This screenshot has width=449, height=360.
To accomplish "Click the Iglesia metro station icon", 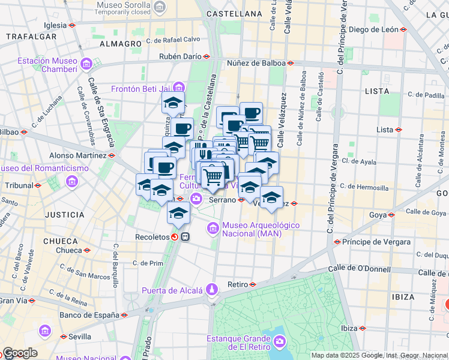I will coord(72,25).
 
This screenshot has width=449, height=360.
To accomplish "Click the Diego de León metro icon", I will coord(404,29).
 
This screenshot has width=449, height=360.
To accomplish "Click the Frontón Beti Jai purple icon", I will coord(178,89).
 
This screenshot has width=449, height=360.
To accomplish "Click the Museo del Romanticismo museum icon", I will coord(72,181).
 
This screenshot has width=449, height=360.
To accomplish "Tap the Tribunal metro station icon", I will coord(38,185).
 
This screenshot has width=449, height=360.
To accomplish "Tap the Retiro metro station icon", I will coord(253,284).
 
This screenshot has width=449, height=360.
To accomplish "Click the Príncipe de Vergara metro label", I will coord(376,242).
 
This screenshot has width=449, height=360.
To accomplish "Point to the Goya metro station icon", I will coord(391,214).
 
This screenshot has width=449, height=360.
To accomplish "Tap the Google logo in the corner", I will coord(20,353).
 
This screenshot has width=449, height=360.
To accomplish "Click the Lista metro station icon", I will coord(398,130).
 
